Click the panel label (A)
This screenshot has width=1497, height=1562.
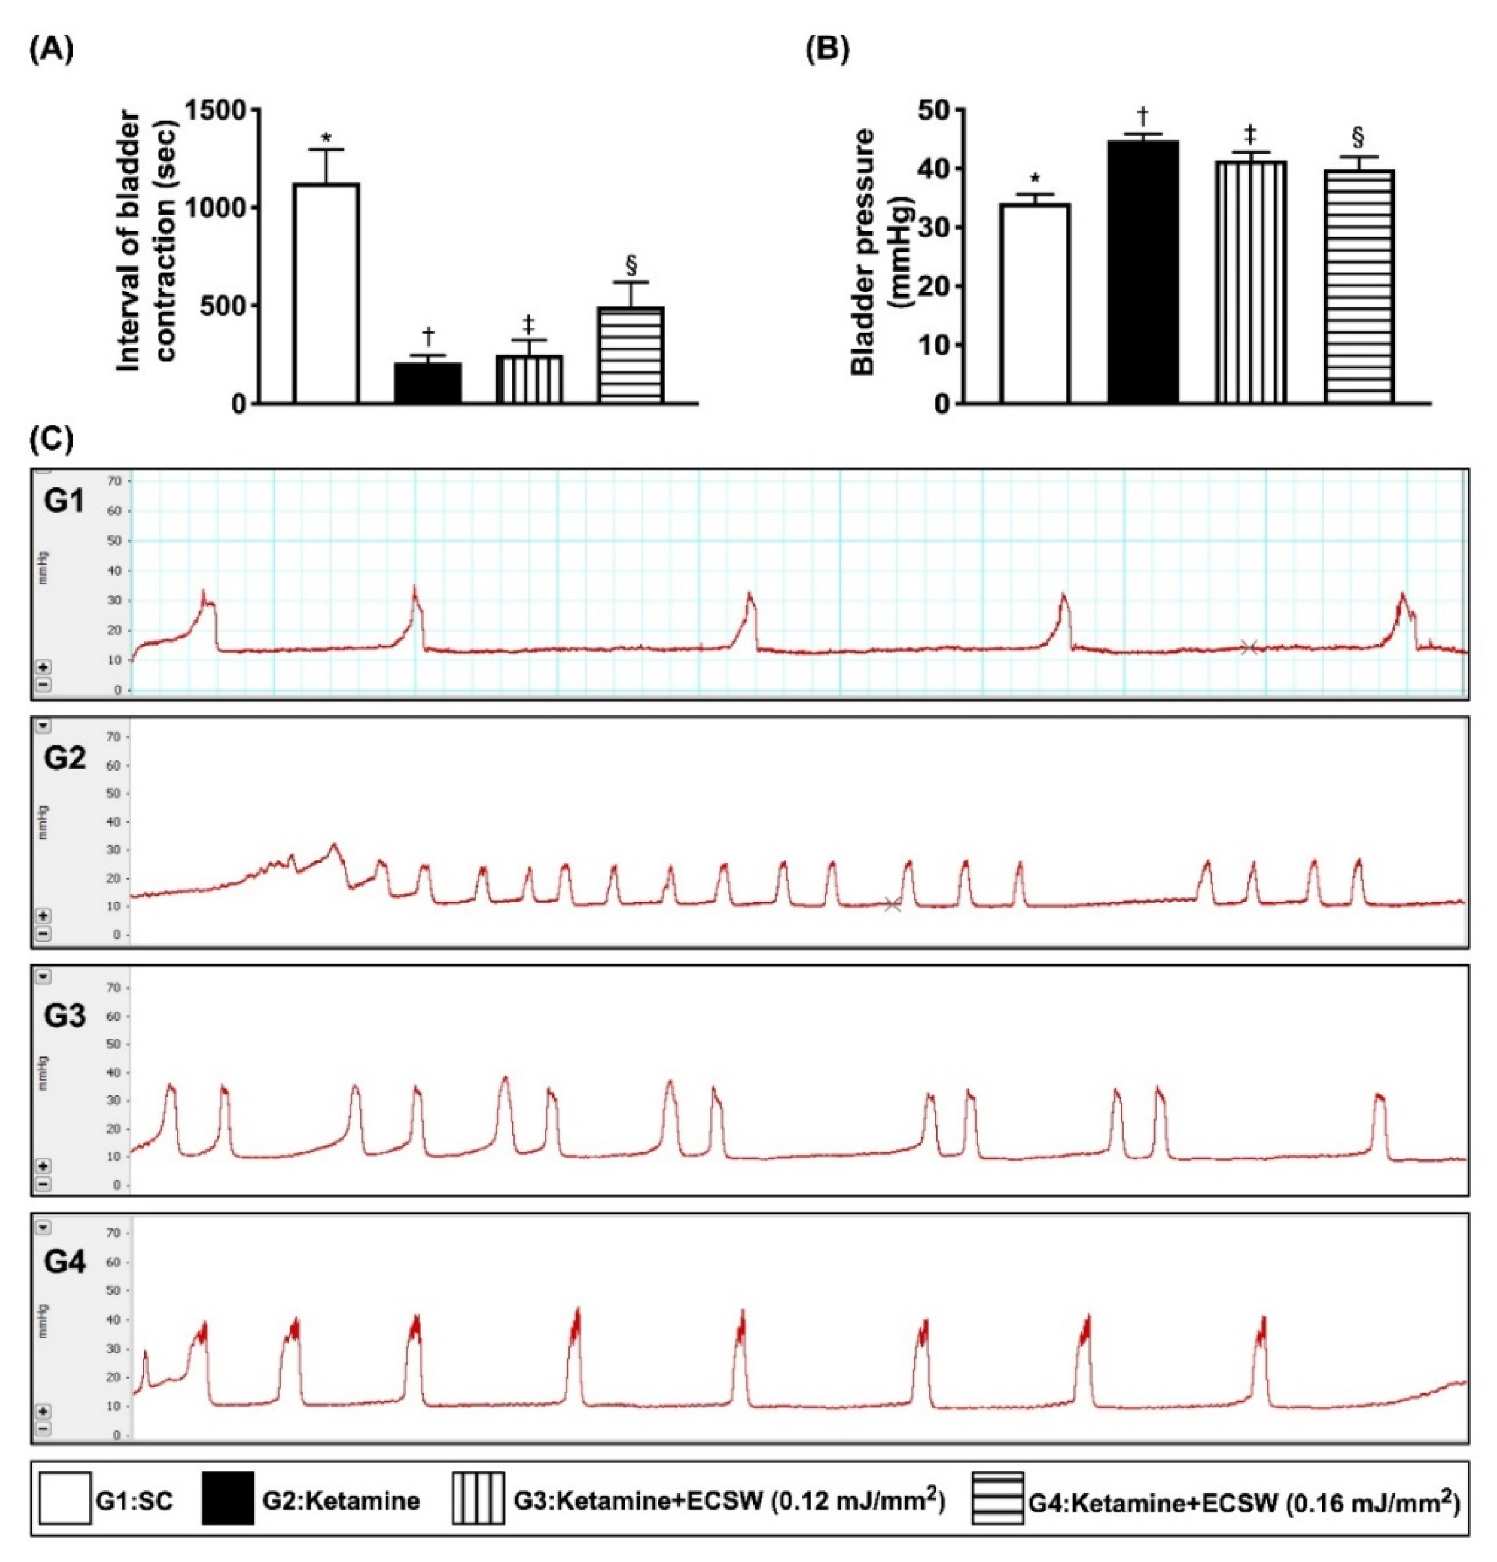tap(51, 50)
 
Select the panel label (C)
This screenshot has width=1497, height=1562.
tap(51, 439)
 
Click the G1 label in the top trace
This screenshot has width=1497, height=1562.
tap(64, 503)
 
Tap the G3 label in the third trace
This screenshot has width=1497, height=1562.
tap(64, 1016)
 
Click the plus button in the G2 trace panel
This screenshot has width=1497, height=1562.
tap(43, 916)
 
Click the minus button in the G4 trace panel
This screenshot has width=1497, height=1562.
tap(43, 1428)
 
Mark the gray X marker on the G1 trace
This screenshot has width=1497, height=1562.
tap(1248, 648)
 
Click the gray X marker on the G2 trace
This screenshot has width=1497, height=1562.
tap(892, 904)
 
